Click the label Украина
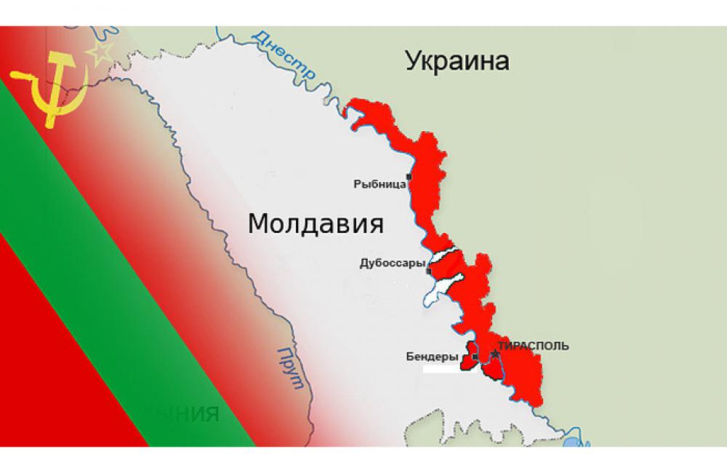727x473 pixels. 457,60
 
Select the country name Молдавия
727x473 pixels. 316,223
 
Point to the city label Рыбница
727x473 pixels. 379,185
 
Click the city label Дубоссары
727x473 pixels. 392,263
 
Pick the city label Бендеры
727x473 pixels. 432,357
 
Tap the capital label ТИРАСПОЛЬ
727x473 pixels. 534,346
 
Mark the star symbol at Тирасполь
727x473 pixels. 495,354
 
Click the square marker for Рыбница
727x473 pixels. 409,177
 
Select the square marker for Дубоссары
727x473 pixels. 429,271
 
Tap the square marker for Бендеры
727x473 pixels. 474,357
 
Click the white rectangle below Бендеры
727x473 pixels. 445,369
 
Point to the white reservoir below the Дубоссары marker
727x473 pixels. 439,290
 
